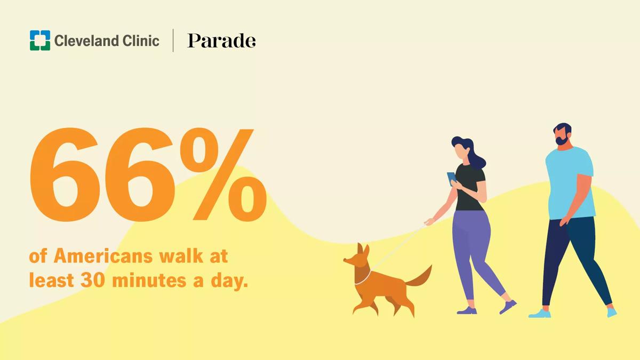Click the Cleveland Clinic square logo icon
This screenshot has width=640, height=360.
40,41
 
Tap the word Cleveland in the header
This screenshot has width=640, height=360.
87,41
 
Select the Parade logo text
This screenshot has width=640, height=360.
221,41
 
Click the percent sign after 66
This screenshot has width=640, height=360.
223,174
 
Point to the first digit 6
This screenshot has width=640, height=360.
65,174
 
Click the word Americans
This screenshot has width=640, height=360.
103,256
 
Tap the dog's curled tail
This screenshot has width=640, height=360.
419,277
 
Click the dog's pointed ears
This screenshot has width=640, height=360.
363,249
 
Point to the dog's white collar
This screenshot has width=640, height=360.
363,278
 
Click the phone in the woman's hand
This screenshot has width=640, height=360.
452,179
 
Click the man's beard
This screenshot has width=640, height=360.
562,140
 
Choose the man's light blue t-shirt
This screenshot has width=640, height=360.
570,183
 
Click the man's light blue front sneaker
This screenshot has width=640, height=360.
539,314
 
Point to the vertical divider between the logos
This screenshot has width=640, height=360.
173,41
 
